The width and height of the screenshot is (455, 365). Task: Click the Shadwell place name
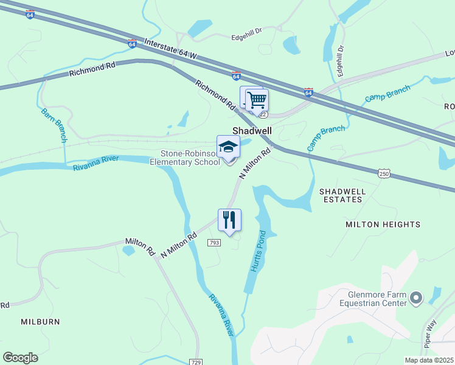pyautogui.click(x=252, y=131)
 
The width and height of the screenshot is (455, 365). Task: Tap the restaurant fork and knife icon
pyautogui.click(x=229, y=220)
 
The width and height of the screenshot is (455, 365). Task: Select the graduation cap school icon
pyautogui.click(x=229, y=147)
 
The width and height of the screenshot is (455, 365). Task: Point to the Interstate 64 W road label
pyautogui.click(x=172, y=49)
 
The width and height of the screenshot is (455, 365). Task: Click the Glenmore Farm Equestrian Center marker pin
pyautogui.click(x=416, y=298)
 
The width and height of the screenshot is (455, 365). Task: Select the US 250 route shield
pyautogui.click(x=383, y=174)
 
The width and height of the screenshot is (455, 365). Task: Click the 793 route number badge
pyautogui.click(x=214, y=243)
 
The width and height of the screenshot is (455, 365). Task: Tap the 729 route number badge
pyautogui.click(x=195, y=361)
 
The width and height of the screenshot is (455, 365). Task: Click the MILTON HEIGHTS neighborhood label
pyautogui.click(x=383, y=224)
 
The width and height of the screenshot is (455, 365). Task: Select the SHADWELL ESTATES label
pyautogui.click(x=343, y=195)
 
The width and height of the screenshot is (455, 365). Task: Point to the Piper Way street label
pyautogui.click(x=431, y=333)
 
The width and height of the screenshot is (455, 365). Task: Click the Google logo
pyautogui.click(x=20, y=358)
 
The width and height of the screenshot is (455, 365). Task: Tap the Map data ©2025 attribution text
pyautogui.click(x=429, y=360)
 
